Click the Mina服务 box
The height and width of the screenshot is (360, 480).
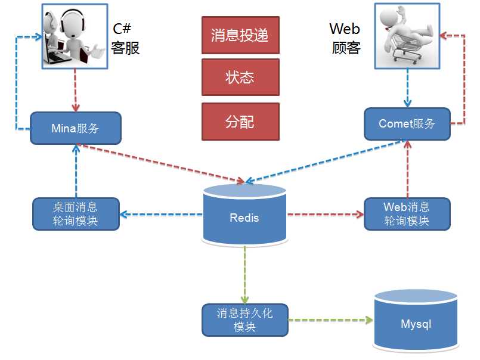75,128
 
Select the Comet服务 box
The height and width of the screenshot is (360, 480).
407,124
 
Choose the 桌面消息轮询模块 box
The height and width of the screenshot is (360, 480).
75,213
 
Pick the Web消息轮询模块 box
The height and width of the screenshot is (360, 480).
407,213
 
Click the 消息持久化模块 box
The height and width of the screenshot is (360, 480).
244,320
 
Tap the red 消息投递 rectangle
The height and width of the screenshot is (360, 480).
240,35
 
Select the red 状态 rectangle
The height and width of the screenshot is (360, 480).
240,77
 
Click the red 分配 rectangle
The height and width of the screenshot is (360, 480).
240,122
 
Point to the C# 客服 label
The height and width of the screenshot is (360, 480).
126,39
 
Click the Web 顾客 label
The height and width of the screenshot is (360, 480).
345,39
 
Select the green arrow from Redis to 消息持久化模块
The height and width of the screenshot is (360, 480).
244,274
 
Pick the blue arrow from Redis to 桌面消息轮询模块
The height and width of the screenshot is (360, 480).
161,214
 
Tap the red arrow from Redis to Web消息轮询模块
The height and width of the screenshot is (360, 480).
325,214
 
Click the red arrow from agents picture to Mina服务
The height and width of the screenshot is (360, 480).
76,89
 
